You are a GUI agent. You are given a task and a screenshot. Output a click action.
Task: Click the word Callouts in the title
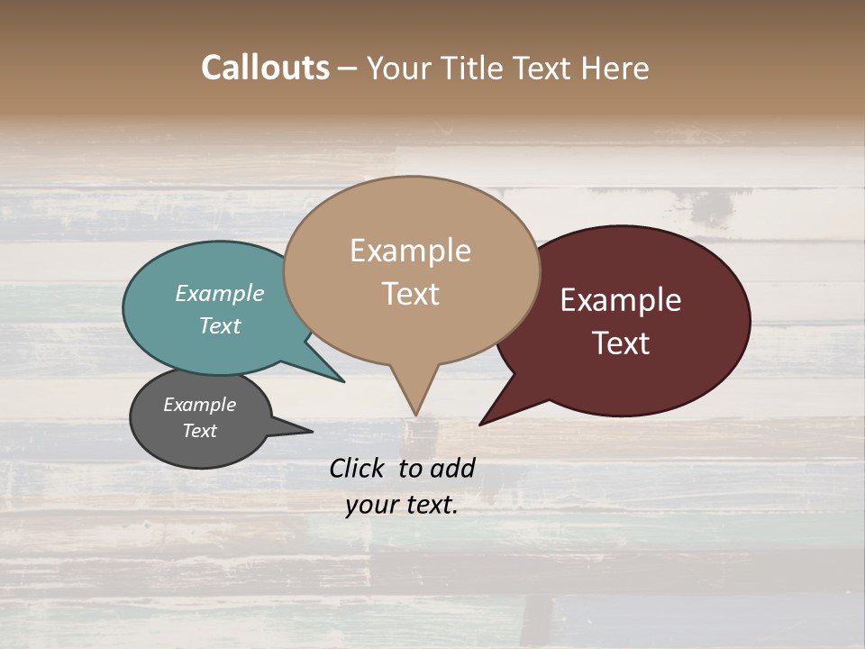point(265,68)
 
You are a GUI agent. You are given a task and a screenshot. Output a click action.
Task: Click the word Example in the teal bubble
point(220,293)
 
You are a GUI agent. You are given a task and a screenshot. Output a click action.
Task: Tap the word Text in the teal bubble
point(220,325)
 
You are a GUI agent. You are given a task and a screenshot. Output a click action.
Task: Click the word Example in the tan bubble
point(410,251)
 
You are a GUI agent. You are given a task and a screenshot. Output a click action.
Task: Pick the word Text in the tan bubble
point(410,294)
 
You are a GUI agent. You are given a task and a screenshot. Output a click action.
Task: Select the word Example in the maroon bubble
point(621,300)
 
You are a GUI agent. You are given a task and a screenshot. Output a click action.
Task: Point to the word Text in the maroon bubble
point(622,343)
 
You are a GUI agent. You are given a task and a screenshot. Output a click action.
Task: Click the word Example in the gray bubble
point(200,405)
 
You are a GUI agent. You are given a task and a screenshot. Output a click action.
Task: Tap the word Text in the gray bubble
point(200,431)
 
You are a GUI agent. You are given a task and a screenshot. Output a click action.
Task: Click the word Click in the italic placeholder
point(359,468)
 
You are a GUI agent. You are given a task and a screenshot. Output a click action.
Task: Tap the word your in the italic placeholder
point(369,506)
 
